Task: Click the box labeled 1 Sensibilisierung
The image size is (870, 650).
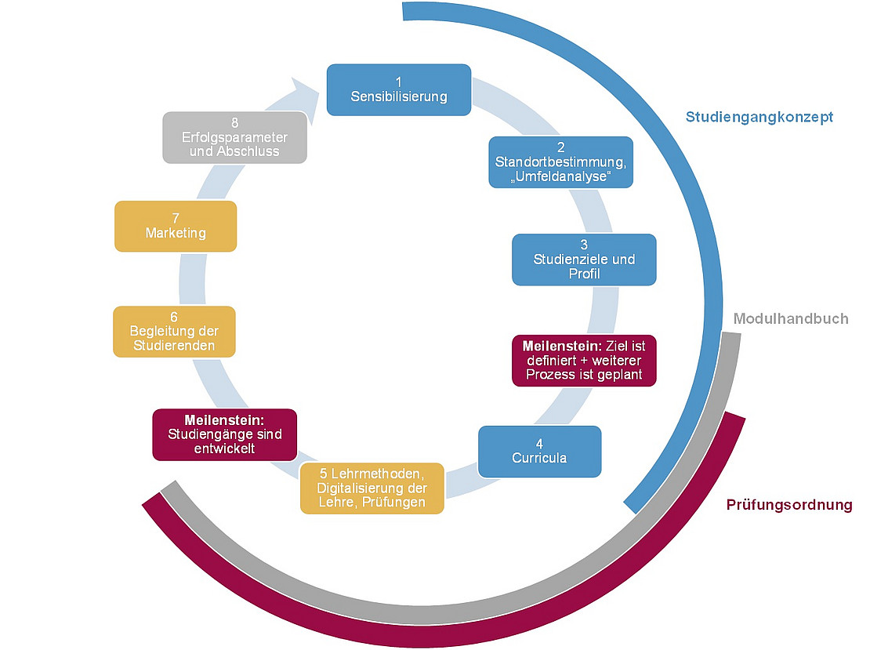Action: pyautogui.click(x=398, y=90)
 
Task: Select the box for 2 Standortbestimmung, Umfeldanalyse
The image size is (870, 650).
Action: pyautogui.click(x=560, y=162)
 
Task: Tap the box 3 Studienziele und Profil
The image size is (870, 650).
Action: pyautogui.click(x=584, y=260)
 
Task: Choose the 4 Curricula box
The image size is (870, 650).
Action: pyautogui.click(x=539, y=451)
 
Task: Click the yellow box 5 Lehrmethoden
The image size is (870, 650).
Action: pyautogui.click(x=372, y=488)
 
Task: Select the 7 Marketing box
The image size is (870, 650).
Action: pyautogui.click(x=176, y=226)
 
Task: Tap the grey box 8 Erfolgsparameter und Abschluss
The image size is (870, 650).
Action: pyautogui.click(x=234, y=137)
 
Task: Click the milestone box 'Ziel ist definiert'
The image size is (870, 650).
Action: pyautogui.click(x=584, y=360)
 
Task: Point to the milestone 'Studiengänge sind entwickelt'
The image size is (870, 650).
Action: pyautogui.click(x=225, y=434)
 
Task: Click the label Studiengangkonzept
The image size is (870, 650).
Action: pyautogui.click(x=759, y=117)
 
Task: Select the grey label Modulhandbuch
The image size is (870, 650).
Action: pyautogui.click(x=791, y=319)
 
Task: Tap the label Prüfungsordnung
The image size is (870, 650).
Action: pyautogui.click(x=789, y=505)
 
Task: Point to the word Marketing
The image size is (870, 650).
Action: pyautogui.click(x=176, y=233)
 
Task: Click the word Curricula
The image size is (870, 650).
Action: pyautogui.click(x=539, y=457)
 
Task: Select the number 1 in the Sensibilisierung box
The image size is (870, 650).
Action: pyautogui.click(x=398, y=82)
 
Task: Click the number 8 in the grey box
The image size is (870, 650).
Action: pyautogui.click(x=234, y=123)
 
